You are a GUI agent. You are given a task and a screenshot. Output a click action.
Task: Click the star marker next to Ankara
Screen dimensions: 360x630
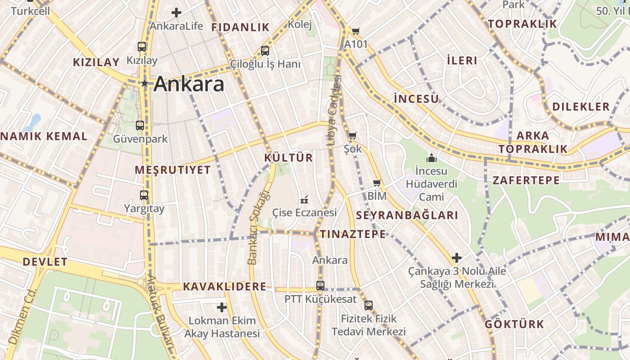point(144,83)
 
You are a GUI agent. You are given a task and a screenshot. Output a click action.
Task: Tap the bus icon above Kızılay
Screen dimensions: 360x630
point(142,46)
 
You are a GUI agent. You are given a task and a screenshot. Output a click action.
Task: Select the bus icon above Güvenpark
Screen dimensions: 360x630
point(140,125)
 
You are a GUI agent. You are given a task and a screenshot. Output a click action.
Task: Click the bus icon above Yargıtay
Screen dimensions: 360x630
point(144,195)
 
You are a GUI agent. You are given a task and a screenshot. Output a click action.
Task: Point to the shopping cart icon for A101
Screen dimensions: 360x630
point(356,31)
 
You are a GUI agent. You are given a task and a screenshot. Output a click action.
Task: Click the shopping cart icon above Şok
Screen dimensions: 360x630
point(352,135)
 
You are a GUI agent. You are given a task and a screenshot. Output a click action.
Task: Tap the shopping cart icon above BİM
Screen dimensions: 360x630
point(377,183)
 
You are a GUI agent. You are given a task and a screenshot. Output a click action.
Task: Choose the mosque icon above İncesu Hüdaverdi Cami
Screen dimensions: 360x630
point(432,158)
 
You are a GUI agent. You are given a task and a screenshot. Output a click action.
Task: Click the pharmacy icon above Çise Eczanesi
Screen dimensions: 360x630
point(304,199)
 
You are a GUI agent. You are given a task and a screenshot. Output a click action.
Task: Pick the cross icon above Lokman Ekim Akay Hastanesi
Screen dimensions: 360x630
point(222,307)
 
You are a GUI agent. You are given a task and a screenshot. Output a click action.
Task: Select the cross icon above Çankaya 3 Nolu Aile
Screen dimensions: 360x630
point(457,258)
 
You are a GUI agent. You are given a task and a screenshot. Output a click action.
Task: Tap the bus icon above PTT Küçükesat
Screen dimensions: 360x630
point(320,285)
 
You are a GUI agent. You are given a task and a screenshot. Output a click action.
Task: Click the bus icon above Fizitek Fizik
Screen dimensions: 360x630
point(369,305)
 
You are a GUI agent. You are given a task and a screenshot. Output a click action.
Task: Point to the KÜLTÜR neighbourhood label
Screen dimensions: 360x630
point(288,158)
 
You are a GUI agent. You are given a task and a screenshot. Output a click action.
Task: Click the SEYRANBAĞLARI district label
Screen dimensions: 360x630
point(407,215)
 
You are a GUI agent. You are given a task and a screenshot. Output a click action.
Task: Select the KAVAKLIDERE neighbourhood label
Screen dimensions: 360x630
point(225,287)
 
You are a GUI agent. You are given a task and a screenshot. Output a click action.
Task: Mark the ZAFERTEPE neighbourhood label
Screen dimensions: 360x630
point(526,180)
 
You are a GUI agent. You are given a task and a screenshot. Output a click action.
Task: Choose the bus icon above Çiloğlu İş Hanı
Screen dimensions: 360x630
point(265,50)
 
